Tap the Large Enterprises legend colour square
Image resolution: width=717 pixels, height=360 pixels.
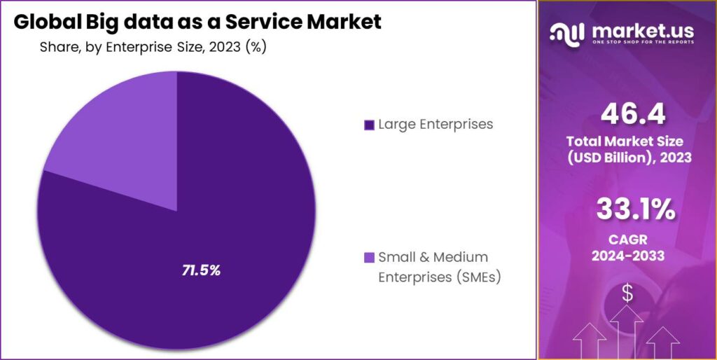(x=369, y=125)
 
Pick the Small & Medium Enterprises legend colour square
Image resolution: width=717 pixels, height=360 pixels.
(x=369, y=258)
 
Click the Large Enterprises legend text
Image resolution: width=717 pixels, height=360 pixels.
(x=436, y=125)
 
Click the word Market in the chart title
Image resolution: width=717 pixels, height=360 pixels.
(x=343, y=22)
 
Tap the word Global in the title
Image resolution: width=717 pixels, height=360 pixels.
(x=48, y=22)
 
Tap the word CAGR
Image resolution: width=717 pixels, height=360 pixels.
(x=627, y=240)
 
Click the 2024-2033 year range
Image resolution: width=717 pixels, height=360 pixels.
(x=627, y=256)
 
